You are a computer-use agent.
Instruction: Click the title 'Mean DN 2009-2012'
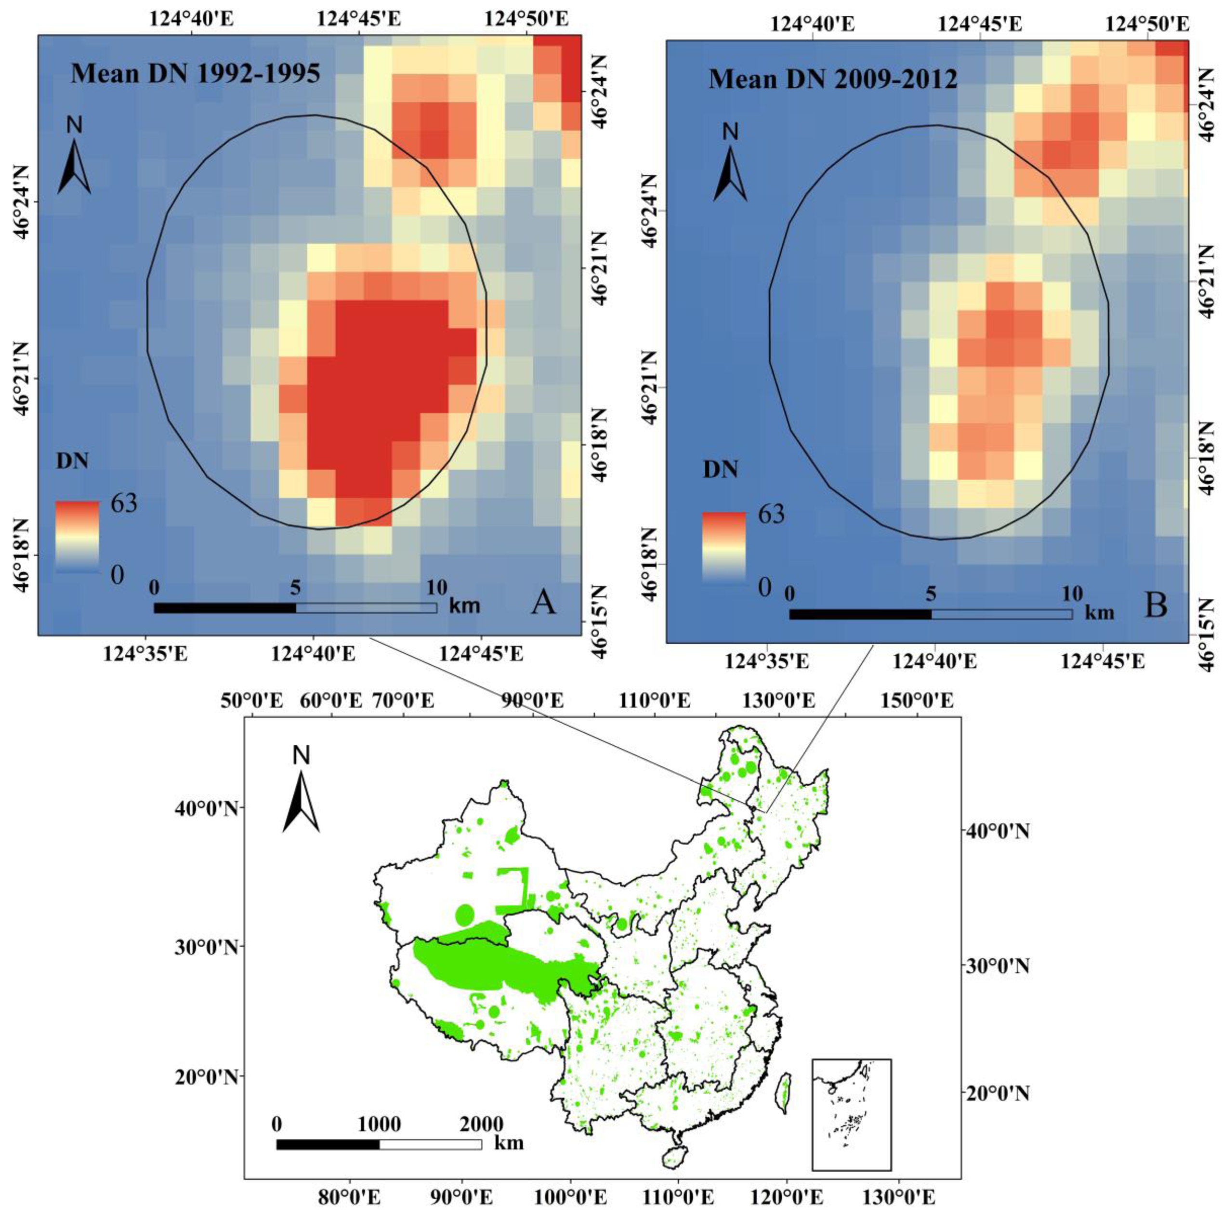(x=832, y=80)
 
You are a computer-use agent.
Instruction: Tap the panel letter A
(x=543, y=603)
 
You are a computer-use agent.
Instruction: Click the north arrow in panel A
(x=74, y=166)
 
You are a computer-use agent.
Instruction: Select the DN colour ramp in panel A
(x=77, y=536)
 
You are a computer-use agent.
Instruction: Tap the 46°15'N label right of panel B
(x=1209, y=633)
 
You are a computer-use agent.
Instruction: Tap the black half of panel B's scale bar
(x=860, y=614)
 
